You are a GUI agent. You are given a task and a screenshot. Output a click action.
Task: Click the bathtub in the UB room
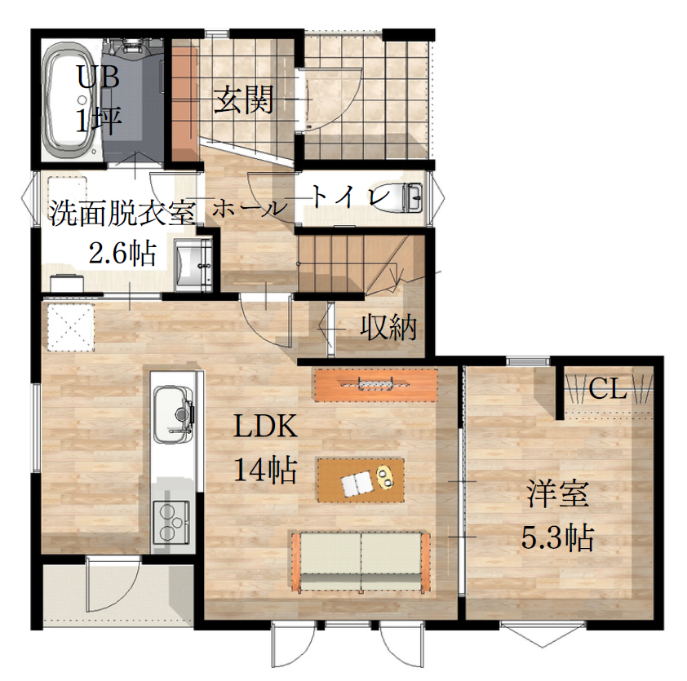(x=72, y=103)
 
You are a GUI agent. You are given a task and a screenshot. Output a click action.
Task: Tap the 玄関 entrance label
(x=244, y=99)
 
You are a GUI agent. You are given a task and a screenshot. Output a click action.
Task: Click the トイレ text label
(x=351, y=197)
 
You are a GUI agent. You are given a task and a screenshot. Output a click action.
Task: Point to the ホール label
(x=248, y=209)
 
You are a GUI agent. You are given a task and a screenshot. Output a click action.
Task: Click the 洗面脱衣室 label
(x=122, y=214)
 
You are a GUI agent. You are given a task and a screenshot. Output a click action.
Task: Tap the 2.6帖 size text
(x=122, y=253)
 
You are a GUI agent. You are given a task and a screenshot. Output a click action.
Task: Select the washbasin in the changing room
(x=193, y=265)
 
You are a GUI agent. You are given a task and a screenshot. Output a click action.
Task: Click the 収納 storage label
(x=388, y=327)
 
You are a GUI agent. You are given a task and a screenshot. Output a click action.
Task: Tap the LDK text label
(x=266, y=426)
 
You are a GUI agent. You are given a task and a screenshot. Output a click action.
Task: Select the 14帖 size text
(x=266, y=470)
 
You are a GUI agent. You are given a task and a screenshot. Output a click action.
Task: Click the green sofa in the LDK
(x=361, y=562)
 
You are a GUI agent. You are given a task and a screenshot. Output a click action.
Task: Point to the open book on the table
(x=357, y=484)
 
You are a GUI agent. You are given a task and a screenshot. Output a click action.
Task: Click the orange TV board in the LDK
(x=376, y=384)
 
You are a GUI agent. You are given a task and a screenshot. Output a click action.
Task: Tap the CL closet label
(x=607, y=388)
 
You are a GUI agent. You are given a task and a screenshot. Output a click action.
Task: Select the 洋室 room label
(x=558, y=493)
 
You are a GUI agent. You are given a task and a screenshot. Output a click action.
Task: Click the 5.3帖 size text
(x=557, y=537)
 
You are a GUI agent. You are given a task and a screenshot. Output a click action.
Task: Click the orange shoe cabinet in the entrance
(x=184, y=103)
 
